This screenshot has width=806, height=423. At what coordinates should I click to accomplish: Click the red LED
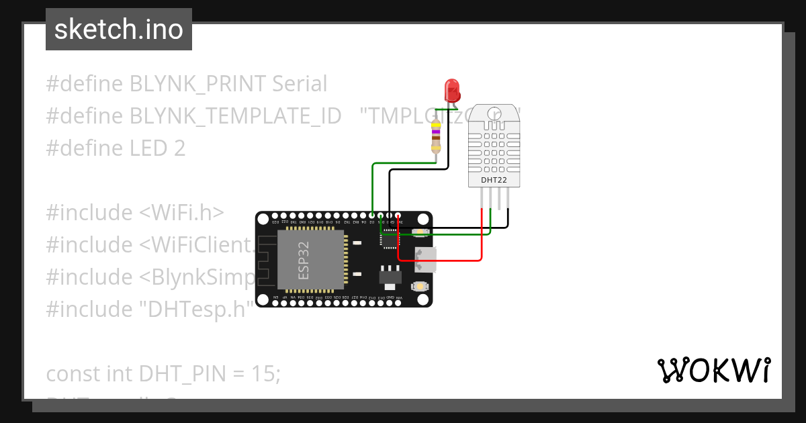[451, 89]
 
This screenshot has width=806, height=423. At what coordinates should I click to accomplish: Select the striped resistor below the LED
[437, 137]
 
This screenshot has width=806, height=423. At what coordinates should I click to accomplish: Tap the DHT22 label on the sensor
[494, 180]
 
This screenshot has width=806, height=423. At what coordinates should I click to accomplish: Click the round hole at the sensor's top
[494, 113]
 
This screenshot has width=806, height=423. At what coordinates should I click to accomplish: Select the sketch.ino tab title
[119, 30]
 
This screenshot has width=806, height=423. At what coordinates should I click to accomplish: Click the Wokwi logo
[713, 370]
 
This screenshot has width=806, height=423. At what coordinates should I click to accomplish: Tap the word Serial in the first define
[300, 84]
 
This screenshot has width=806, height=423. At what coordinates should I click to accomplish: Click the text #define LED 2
[116, 148]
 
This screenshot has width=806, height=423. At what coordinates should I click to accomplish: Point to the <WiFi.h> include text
[181, 213]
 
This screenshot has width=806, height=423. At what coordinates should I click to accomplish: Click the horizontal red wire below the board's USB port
[440, 259]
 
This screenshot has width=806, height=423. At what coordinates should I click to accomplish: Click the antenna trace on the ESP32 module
[267, 262]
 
